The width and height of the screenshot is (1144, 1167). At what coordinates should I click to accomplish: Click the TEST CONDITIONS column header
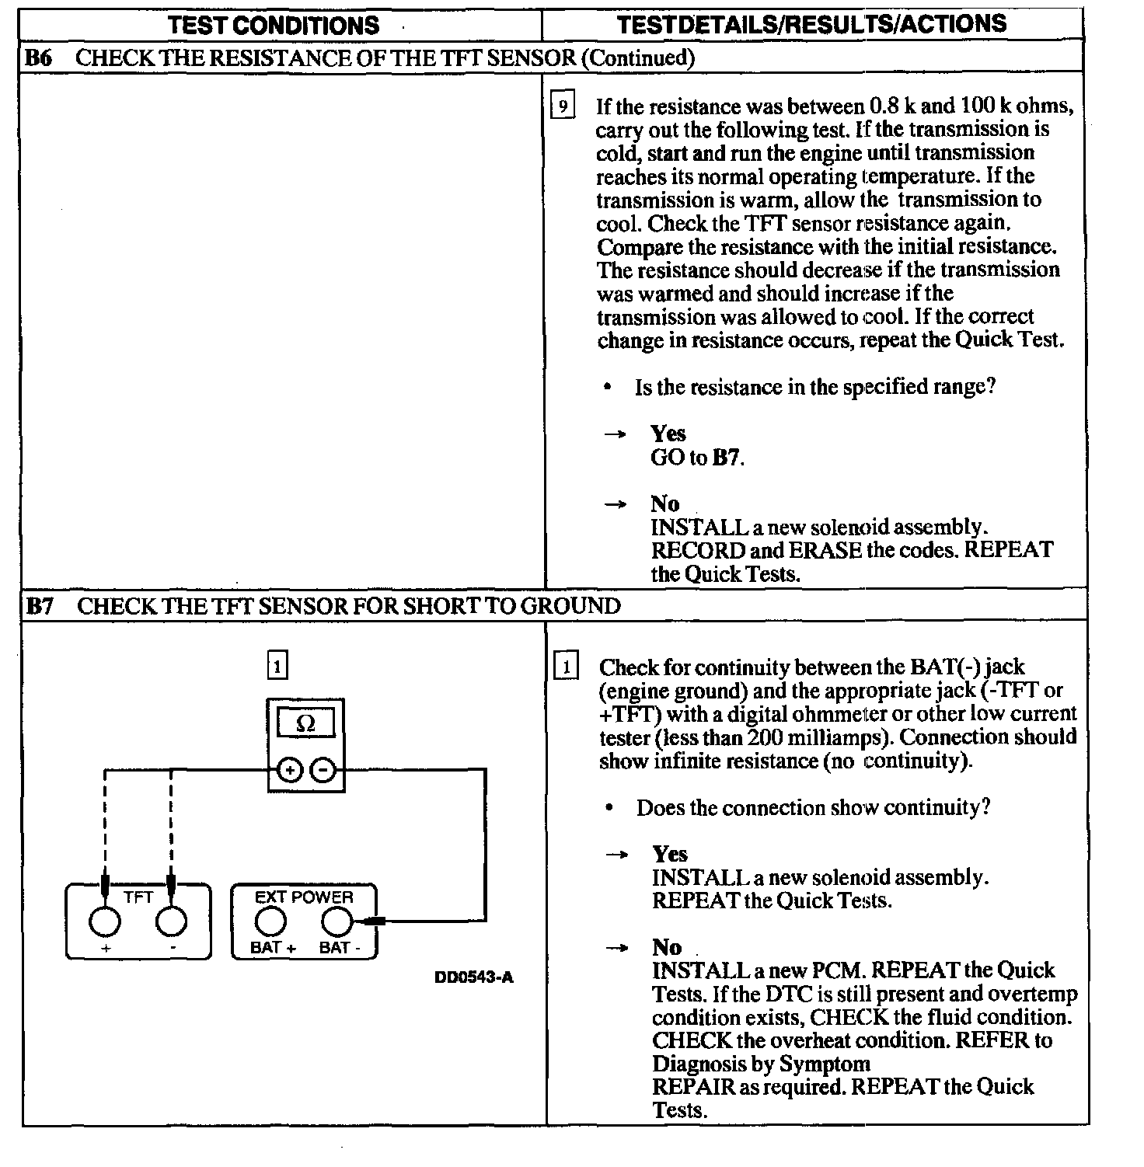pyautogui.click(x=274, y=25)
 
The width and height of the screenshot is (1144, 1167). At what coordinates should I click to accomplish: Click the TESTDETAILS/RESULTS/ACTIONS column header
pyautogui.click(x=811, y=24)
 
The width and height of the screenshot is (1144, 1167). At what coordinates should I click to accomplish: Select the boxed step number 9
pyautogui.click(x=563, y=106)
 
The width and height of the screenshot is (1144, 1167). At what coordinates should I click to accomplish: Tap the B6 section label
pyautogui.click(x=39, y=57)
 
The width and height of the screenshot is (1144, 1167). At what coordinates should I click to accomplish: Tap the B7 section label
pyautogui.click(x=39, y=606)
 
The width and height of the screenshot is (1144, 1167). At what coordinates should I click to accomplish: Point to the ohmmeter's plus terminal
pyautogui.click(x=289, y=771)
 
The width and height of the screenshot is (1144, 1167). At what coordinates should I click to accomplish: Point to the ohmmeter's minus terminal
pyautogui.click(x=323, y=771)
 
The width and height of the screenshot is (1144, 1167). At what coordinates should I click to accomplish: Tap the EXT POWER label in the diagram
pyautogui.click(x=304, y=897)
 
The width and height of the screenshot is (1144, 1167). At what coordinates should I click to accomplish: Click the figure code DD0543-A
pyautogui.click(x=474, y=977)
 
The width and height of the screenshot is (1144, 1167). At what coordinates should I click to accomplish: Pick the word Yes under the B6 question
pyautogui.click(x=668, y=434)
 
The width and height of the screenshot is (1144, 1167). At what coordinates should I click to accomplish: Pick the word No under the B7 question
pyautogui.click(x=667, y=947)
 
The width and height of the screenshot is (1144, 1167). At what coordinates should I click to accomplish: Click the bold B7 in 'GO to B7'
pyautogui.click(x=727, y=458)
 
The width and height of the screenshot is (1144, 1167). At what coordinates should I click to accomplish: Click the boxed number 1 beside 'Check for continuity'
pyautogui.click(x=566, y=667)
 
